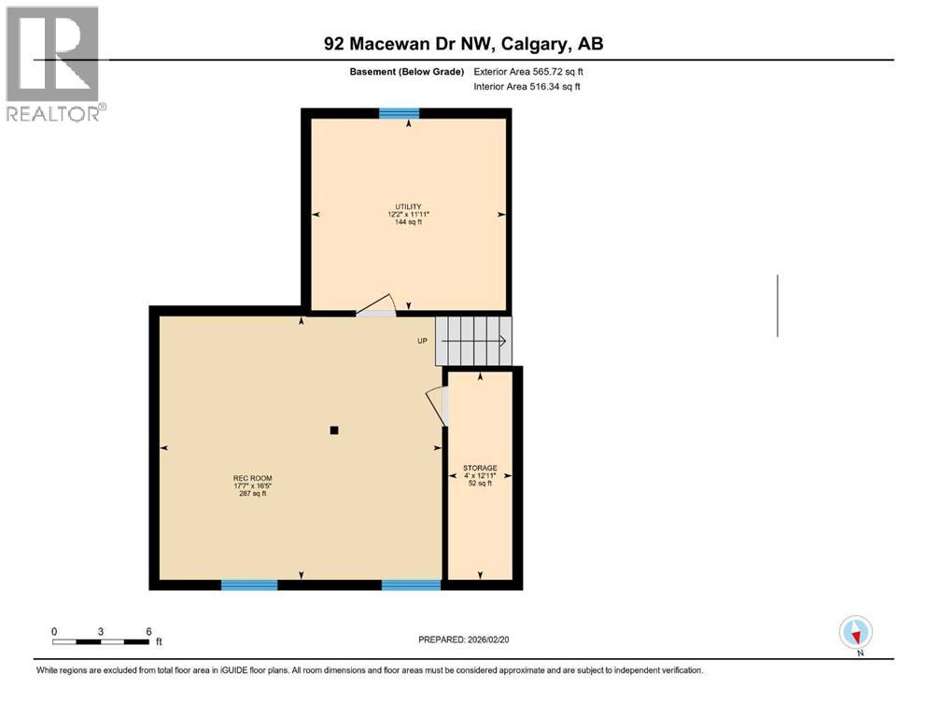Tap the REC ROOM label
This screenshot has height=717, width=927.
click(x=252, y=477)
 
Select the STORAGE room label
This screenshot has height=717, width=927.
click(x=480, y=468)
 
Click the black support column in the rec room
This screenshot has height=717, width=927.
click(x=334, y=430)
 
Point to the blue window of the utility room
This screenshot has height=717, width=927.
click(x=399, y=113)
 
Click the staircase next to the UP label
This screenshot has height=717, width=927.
click(x=475, y=341)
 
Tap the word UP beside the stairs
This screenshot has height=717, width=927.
click(x=422, y=341)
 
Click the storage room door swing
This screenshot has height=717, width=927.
click(x=437, y=406)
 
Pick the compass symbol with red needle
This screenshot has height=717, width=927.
click(x=855, y=633)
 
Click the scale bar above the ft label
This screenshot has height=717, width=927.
click(x=101, y=641)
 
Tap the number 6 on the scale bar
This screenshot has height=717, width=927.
click(x=148, y=630)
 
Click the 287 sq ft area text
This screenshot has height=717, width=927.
click(x=252, y=493)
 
